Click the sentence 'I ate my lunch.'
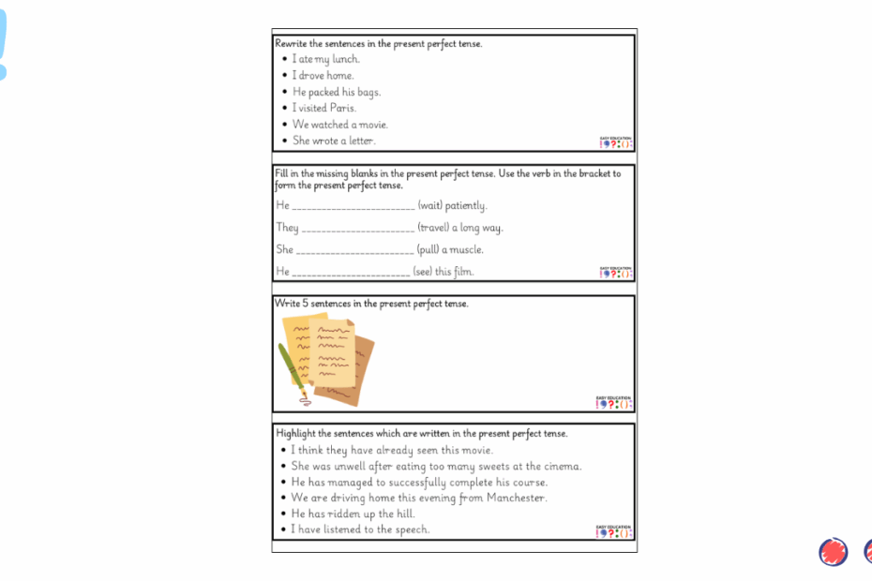[x=325, y=59]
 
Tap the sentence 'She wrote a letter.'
[x=334, y=141]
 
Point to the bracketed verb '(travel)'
[x=433, y=228]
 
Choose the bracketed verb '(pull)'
[x=428, y=250]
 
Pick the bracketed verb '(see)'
[x=424, y=272]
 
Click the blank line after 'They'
[x=358, y=230]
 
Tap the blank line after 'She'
[x=354, y=252]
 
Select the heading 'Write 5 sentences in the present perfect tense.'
[x=371, y=304]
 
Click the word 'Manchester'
[x=516, y=498]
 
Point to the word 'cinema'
[x=563, y=466]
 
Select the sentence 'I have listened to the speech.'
[x=360, y=529]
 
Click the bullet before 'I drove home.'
[x=284, y=76]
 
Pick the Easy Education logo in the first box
[x=616, y=142]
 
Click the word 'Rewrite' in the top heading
[x=292, y=43]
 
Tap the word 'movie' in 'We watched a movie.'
[x=372, y=125]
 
